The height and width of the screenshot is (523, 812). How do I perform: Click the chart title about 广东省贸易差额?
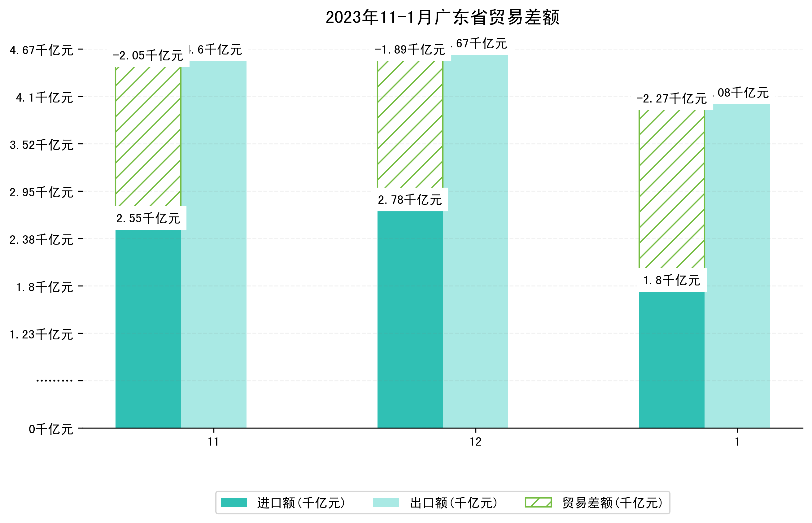click(x=442, y=17)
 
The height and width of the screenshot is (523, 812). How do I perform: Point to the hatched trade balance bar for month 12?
click(x=410, y=124)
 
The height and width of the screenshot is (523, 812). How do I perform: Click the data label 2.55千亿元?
click(x=148, y=218)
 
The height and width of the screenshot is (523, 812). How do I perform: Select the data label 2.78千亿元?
click(x=410, y=200)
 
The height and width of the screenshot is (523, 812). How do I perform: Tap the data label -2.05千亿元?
click(x=148, y=55)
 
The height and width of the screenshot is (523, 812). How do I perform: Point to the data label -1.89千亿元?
click(x=410, y=50)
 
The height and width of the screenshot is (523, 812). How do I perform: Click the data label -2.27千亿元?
click(x=671, y=98)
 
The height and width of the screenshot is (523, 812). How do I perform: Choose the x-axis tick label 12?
click(x=475, y=442)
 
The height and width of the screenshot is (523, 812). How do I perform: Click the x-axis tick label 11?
click(x=213, y=442)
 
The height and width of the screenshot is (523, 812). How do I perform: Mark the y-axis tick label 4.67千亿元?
click(x=41, y=50)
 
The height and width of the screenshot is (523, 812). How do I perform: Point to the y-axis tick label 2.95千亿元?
click(x=41, y=192)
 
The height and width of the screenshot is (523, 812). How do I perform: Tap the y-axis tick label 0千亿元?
click(x=51, y=429)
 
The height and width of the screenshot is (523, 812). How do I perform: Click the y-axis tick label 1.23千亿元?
click(x=41, y=334)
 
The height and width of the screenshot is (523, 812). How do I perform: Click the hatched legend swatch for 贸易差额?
click(x=538, y=502)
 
